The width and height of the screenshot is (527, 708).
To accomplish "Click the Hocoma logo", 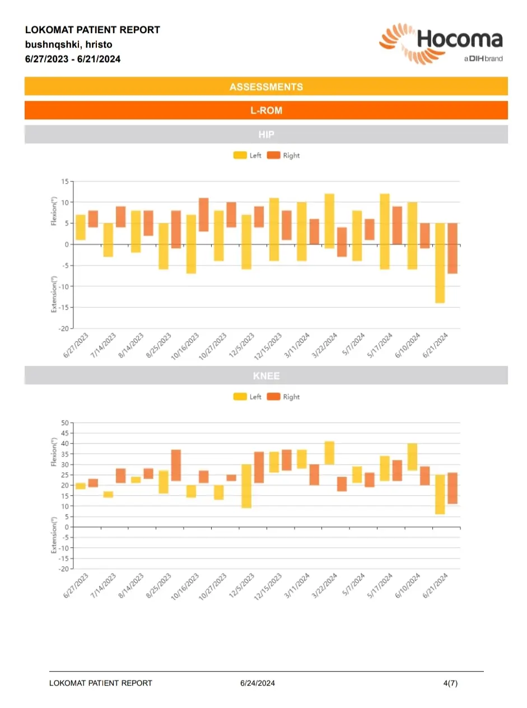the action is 441,44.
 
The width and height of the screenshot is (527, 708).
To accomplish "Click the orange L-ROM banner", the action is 266,110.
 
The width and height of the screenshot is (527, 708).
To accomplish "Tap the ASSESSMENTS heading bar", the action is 266,86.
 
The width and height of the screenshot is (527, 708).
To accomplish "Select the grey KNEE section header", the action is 266,375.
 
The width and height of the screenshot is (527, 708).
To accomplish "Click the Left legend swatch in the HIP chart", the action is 240,156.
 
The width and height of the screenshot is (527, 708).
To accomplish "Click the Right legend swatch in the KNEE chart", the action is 273,397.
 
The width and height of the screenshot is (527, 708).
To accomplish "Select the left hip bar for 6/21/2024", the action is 440,263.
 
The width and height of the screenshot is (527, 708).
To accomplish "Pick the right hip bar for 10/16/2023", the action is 204,215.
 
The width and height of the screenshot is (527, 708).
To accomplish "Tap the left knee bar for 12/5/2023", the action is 246,486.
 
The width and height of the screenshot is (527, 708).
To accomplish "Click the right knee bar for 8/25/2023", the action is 176,465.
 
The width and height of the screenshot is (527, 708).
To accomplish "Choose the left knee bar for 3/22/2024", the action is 329,453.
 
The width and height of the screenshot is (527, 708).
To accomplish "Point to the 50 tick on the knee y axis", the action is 65,423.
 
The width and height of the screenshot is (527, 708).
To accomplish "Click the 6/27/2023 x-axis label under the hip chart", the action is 76,346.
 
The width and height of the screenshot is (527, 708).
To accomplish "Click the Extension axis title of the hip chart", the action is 54,294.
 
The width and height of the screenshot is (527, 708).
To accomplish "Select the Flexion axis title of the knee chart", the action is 54,451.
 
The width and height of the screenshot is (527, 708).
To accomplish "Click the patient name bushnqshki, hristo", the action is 69,44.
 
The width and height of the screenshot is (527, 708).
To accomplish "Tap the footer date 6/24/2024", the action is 257,683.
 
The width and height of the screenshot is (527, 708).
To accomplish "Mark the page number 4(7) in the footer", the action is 450,683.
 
